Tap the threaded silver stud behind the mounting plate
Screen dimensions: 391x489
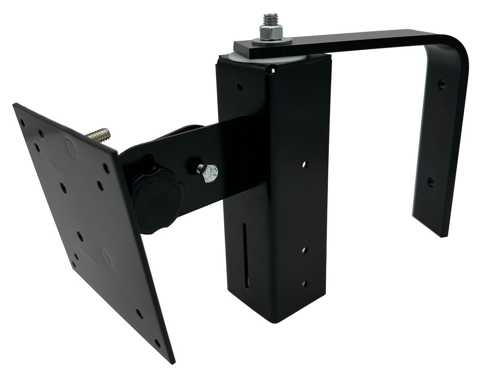[x=100, y=136]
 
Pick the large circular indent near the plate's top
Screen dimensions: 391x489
[x=70, y=145]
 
